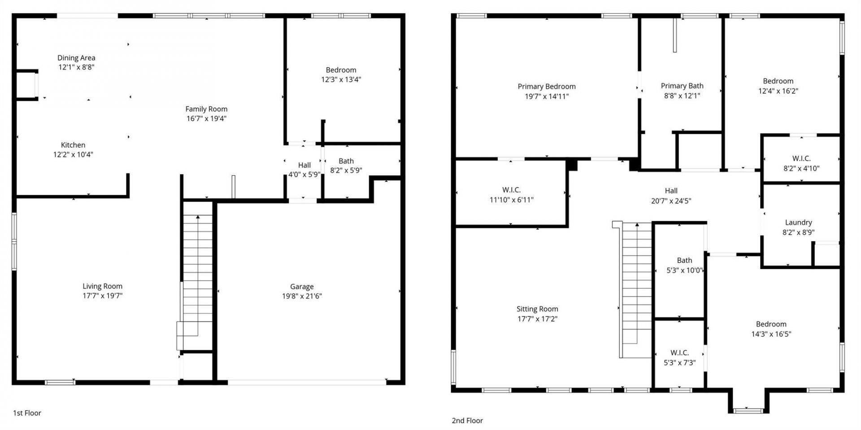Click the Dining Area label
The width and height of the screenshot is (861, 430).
pos(76,58)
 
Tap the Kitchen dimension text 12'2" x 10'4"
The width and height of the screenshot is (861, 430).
pos(73,155)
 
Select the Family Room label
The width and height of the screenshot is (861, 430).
pos(206,109)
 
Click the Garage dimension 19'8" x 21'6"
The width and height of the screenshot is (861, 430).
pos(301,296)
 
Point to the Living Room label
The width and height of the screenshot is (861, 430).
pos(102,286)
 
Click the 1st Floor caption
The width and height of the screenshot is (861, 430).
pos(27,413)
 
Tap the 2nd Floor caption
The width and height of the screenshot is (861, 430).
pos(467,421)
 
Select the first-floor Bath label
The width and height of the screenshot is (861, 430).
pos(346,161)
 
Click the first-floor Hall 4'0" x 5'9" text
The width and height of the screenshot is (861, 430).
pos(304,175)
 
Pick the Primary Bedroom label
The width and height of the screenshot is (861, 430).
pos(546,87)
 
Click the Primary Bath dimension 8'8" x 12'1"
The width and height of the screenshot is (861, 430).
pos(682,96)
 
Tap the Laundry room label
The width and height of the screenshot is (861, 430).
pos(798,223)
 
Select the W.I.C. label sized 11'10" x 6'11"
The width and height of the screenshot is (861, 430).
pos(511,190)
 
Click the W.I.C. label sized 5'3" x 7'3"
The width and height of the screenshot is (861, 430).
pos(679,353)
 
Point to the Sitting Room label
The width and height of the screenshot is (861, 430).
pos(537,309)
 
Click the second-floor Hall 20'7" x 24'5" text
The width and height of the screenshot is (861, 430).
pos(671,201)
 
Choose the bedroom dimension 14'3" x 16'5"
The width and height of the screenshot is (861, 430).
pos(771,334)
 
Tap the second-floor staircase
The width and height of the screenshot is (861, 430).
pos(636,287)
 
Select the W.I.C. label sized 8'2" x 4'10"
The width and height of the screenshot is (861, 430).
pos(801,159)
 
